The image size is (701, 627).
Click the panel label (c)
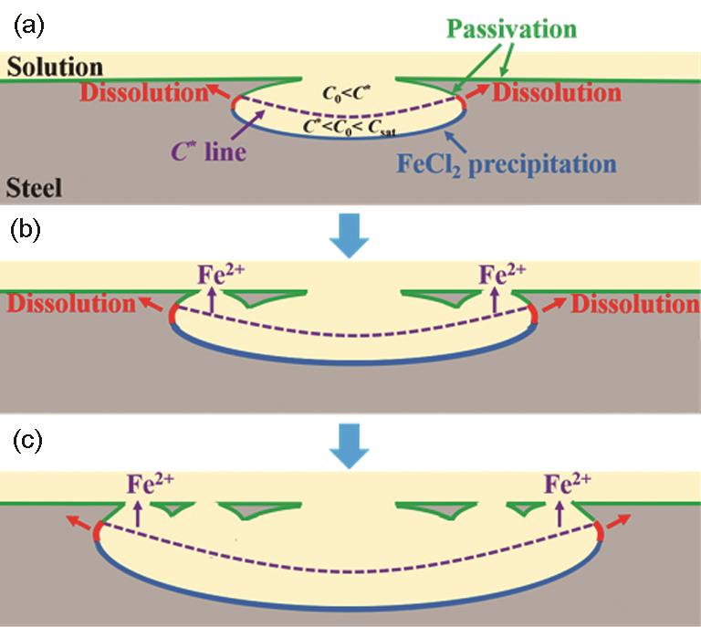point(27,442)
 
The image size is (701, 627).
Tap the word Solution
point(52,68)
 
